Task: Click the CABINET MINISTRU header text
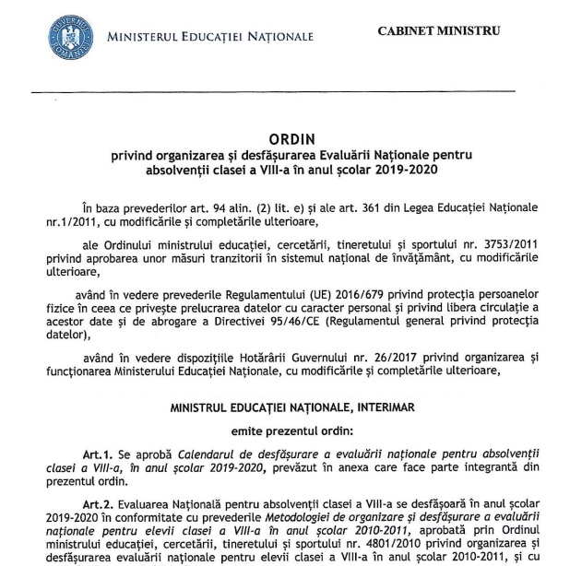(439, 30)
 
